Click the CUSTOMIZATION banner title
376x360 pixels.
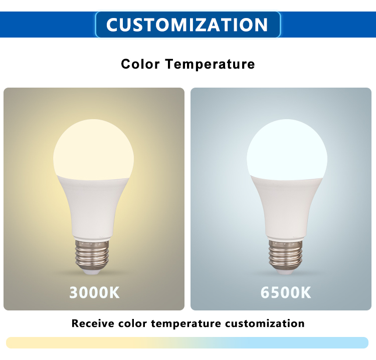[x=187, y=25]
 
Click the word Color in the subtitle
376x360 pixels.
[x=140, y=64]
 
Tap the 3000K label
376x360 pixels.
[x=94, y=292]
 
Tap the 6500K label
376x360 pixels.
[x=286, y=292]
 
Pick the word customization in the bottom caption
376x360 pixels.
[x=265, y=323]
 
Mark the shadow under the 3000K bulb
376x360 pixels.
[x=93, y=274]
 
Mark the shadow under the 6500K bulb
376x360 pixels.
[x=286, y=274]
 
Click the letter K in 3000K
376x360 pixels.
[x=114, y=292]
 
